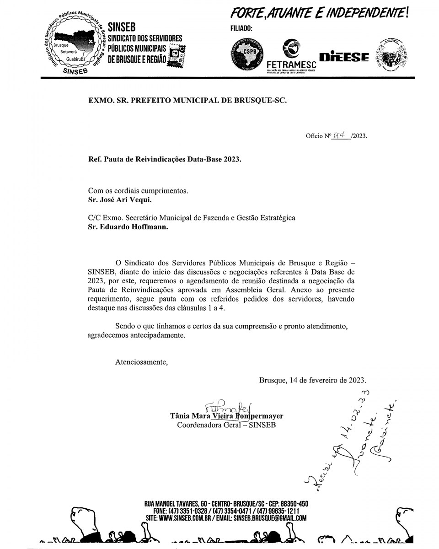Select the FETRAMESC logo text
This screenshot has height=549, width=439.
point(291,65)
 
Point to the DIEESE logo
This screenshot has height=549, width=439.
point(344,57)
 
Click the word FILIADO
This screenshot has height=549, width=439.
point(242,28)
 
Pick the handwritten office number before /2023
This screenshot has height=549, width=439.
point(341,135)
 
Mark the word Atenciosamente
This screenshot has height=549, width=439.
point(141,362)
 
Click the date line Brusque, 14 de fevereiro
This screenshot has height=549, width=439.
point(312,380)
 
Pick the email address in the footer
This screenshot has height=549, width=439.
point(270,518)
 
